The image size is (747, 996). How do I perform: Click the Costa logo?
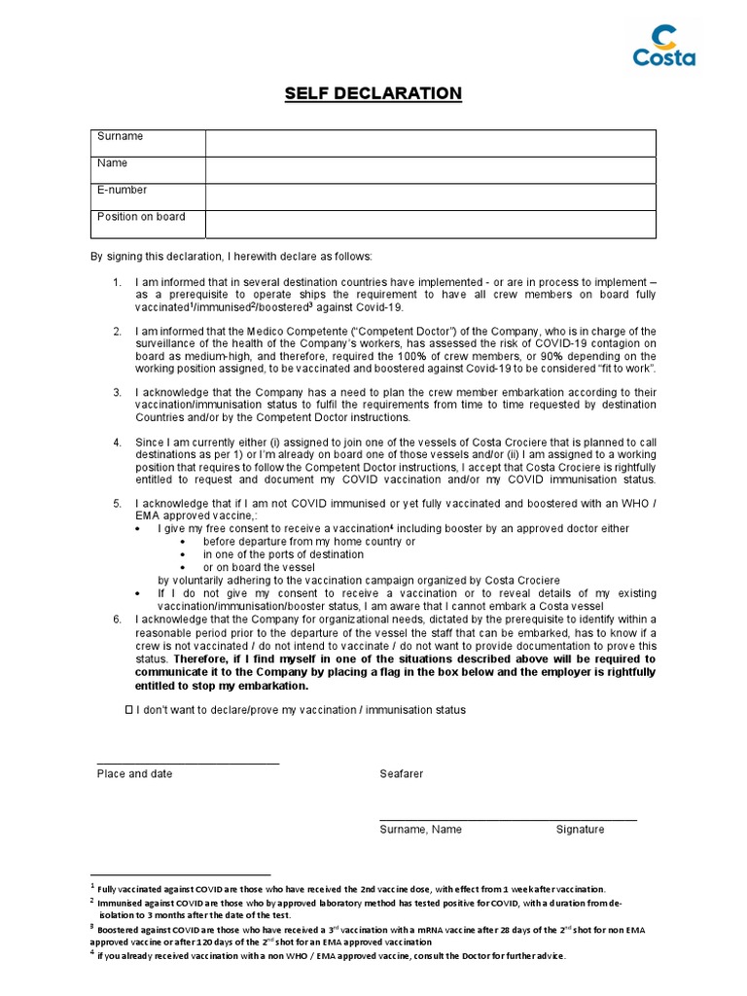[664, 46]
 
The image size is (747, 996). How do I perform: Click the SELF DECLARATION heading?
[373, 93]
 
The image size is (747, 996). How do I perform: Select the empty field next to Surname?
[430, 143]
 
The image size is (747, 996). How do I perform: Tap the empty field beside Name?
[430, 170]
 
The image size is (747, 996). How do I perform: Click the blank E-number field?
[430, 196]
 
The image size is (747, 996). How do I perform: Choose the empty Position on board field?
[430, 224]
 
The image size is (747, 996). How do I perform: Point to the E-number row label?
[123, 191]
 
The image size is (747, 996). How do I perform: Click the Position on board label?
[141, 217]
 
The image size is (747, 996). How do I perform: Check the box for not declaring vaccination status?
[128, 711]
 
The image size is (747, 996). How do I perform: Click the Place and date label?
[134, 774]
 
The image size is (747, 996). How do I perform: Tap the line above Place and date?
[188, 764]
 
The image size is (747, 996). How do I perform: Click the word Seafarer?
[401, 774]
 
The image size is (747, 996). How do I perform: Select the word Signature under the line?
[580, 830]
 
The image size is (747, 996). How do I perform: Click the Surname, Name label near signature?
[420, 830]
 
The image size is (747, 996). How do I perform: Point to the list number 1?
[117, 282]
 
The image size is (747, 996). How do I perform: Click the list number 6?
[117, 620]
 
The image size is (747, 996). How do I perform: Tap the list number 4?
[117, 443]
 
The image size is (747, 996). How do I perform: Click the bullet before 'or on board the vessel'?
[183, 567]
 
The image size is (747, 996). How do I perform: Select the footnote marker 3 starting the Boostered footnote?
[91, 928]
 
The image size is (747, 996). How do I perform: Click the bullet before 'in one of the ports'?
[183, 554]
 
